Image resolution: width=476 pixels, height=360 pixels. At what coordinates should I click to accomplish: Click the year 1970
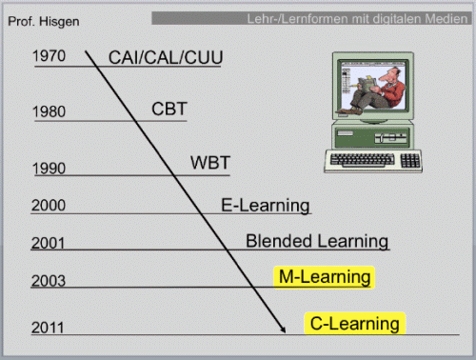point(49,56)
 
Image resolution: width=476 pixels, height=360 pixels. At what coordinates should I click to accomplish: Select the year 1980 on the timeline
point(49,111)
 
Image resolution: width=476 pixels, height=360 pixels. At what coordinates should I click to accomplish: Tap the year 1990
point(49,169)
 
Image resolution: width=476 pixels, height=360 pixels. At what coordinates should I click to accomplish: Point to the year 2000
point(49,205)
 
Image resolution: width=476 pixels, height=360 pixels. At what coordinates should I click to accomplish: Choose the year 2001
point(48,243)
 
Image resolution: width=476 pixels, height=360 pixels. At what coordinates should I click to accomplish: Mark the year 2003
point(49,281)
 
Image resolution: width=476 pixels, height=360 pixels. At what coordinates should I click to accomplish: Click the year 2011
point(48,328)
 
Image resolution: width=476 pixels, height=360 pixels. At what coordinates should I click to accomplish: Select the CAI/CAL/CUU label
point(166,57)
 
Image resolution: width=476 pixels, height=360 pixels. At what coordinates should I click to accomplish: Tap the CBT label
point(169,109)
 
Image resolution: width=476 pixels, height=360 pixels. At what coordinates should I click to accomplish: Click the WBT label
point(210,163)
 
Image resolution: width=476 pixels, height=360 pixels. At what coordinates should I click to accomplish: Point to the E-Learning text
point(266,206)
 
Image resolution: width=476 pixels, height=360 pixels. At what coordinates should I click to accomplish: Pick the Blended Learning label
point(317,241)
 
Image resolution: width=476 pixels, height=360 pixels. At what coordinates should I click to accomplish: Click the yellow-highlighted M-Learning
point(325,277)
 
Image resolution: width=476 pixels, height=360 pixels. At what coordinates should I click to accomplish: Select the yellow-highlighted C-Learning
point(355,324)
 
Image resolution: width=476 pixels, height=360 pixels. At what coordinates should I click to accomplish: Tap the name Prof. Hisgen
point(44,22)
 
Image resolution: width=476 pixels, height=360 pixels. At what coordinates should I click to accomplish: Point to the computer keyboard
point(373,161)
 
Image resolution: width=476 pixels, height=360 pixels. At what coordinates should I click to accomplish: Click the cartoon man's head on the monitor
point(391,75)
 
